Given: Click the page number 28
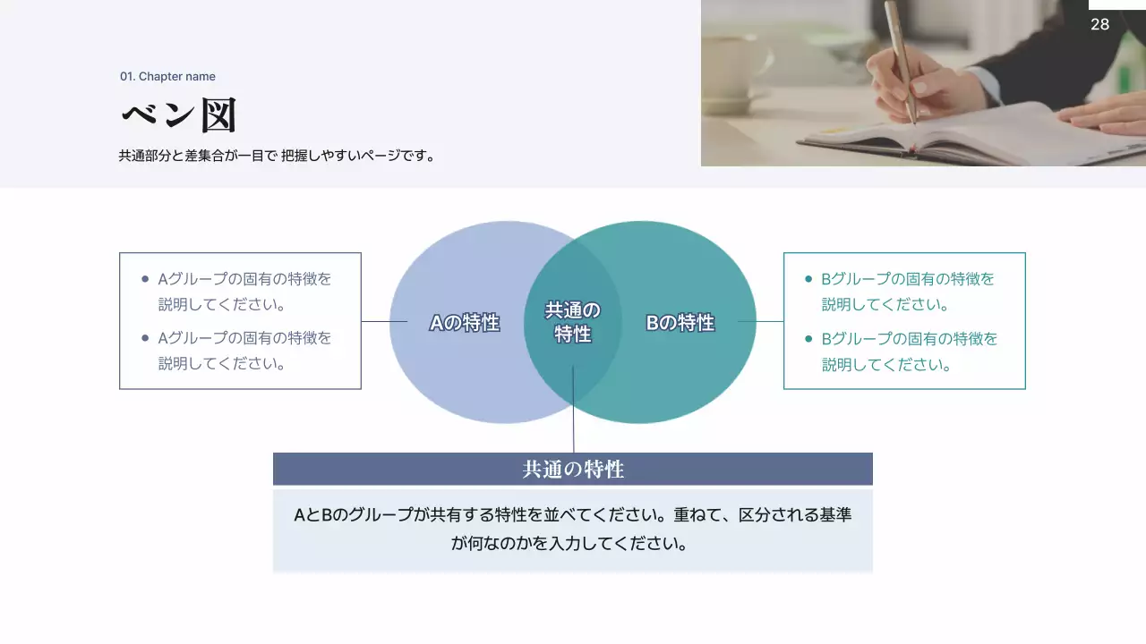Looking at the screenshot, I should pyautogui.click(x=1099, y=24).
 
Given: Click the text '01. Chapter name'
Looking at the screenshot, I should pyautogui.click(x=167, y=77).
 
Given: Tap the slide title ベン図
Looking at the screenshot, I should pyautogui.click(x=178, y=115).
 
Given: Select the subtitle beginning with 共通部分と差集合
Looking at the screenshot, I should pyautogui.click(x=277, y=156).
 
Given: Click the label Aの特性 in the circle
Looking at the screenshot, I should pyautogui.click(x=464, y=323).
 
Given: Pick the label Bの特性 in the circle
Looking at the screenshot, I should pyautogui.click(x=680, y=323).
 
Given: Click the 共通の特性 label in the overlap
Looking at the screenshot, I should pyautogui.click(x=573, y=322).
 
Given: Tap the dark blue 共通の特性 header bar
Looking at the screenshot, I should pyautogui.click(x=573, y=469).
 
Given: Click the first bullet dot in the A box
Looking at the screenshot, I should pyautogui.click(x=145, y=279).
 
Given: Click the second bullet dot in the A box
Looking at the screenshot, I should pyautogui.click(x=145, y=338).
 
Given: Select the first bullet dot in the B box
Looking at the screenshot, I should pyautogui.click(x=808, y=279).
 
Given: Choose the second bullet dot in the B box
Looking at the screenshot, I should pyautogui.click(x=808, y=339).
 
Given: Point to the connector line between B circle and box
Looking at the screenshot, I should pyautogui.click(x=761, y=321).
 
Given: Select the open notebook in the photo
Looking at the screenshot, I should pyautogui.click(x=967, y=134).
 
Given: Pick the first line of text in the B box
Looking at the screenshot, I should pyautogui.click(x=908, y=279).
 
